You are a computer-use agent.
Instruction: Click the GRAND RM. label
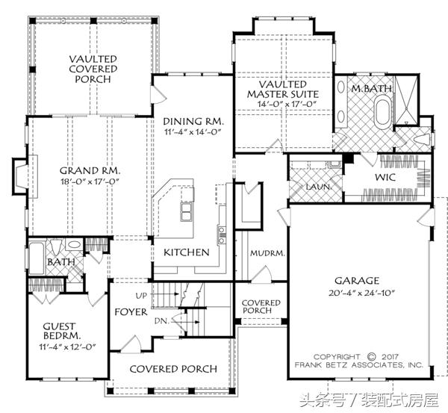90,171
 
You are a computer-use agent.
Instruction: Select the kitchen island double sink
186,211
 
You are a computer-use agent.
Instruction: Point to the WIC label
386,177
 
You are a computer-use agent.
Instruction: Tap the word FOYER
131,312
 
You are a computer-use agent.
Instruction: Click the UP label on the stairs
141,296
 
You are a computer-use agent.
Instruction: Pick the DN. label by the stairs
162,321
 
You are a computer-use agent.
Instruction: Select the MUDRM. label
267,253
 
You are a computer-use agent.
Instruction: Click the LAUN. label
319,187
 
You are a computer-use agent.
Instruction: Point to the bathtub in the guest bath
37,258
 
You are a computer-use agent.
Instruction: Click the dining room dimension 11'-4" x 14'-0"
193,132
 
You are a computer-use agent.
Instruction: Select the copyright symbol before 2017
371,357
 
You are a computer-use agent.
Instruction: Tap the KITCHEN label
186,252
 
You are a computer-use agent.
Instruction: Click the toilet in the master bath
423,140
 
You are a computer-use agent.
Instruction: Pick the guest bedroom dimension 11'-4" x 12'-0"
67,347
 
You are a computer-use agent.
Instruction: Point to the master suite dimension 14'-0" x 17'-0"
283,104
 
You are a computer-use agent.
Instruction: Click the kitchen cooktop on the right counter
222,235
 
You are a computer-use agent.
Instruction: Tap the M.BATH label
371,88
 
